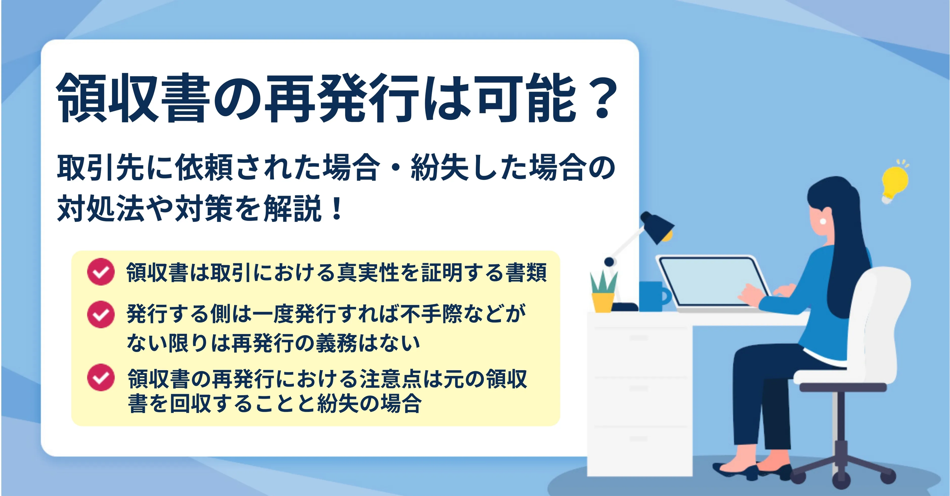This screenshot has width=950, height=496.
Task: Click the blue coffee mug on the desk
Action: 654,297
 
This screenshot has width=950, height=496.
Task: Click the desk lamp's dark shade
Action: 658,226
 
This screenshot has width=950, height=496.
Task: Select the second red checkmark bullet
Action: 101,314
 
